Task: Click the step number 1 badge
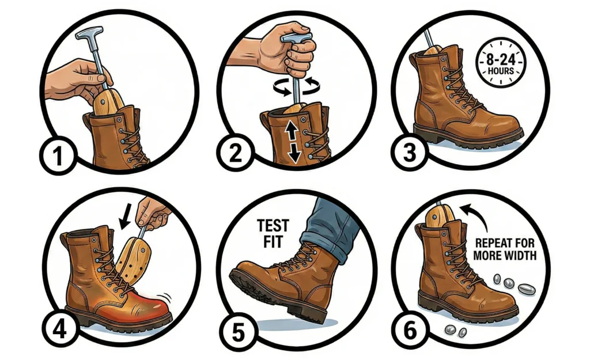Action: (58, 156)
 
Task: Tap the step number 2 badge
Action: (236, 153)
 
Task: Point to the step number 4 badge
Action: (59, 329)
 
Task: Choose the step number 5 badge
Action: (237, 332)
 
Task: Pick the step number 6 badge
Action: (410, 330)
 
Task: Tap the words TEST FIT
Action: (273, 233)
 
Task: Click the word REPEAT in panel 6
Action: (492, 243)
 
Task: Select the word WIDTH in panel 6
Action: (520, 256)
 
